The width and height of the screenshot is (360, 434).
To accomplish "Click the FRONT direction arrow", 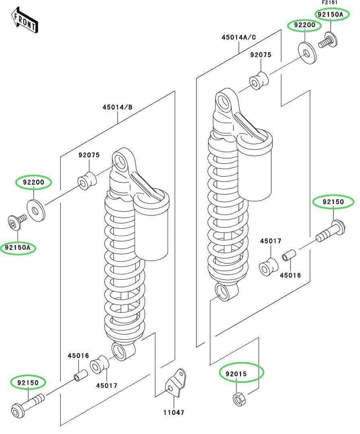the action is (x=25, y=20).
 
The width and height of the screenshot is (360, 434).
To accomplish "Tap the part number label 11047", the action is (x=174, y=413).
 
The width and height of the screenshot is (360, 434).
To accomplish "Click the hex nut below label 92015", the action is (x=239, y=399).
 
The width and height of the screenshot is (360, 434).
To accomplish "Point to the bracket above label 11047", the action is (x=175, y=384).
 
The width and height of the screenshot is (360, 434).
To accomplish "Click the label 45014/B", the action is (x=117, y=107).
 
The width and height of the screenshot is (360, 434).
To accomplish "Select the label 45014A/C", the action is (x=239, y=37).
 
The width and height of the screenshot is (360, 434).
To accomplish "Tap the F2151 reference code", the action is (x=330, y=2).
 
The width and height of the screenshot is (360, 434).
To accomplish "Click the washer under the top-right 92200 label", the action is (x=307, y=53).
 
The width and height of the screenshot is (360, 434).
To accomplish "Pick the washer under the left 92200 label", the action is (x=36, y=211).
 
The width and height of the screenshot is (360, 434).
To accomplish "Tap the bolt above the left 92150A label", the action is (x=16, y=222).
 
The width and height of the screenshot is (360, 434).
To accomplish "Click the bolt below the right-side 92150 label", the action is (x=331, y=231).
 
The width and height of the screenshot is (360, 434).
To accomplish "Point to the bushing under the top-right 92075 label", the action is (x=259, y=80).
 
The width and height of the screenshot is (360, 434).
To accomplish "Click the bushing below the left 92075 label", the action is (x=87, y=181).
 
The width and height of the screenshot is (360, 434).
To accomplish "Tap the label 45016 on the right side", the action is (x=290, y=275).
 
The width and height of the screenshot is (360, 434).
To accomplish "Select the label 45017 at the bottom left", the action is (x=107, y=385).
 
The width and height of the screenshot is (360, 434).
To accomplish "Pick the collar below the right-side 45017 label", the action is (x=269, y=266).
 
